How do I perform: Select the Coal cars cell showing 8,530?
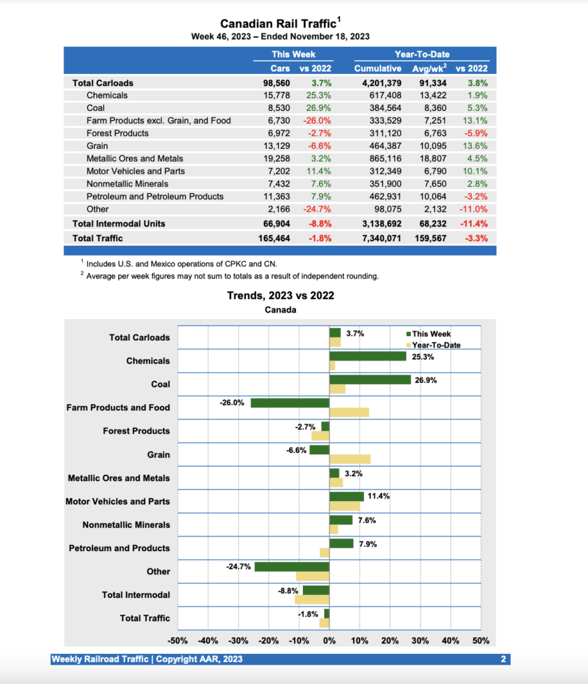(277, 108)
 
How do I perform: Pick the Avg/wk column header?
(429, 68)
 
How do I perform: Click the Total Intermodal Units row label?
(118, 223)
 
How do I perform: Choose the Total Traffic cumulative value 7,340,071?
(378, 237)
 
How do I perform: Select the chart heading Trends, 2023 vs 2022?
(281, 295)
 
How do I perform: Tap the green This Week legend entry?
(431, 334)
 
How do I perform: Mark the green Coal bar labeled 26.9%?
(370, 379)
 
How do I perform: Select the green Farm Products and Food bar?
(289, 403)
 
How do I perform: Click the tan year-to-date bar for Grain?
(349, 459)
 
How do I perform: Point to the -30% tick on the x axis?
(239, 641)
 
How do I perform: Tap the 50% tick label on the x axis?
(480, 641)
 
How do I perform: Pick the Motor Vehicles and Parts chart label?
(118, 501)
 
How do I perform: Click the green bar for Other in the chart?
(291, 566)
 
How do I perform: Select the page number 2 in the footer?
(502, 659)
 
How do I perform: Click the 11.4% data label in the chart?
(379, 496)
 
